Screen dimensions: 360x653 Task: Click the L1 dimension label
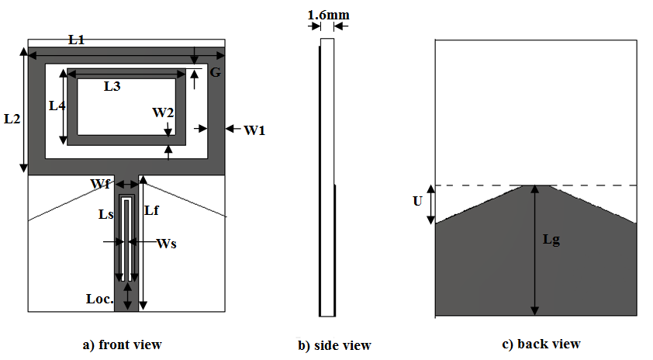coord(76,40)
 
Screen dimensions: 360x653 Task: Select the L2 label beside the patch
coord(12,119)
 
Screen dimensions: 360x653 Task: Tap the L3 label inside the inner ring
coord(112,87)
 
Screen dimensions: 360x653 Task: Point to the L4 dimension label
coord(57,106)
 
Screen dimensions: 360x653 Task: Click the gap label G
coord(216,72)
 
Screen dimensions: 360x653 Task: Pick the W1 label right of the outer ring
coord(255,130)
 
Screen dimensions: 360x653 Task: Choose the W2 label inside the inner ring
coord(163,112)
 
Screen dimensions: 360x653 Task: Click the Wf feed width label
coord(100,184)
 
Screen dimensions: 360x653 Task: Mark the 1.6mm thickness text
coord(327,15)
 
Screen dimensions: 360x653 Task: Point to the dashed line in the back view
coord(481,185)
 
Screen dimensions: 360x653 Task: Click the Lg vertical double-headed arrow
coord(534,256)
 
